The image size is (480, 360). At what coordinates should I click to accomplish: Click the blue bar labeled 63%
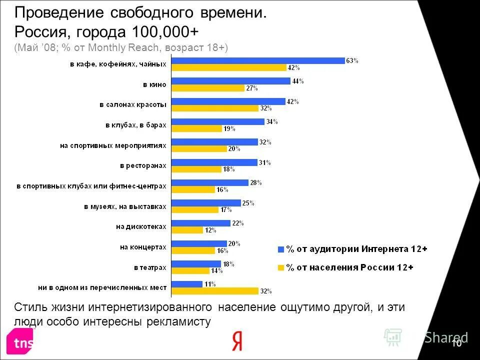coord(258,61)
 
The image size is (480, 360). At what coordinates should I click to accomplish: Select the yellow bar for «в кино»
coord(208,88)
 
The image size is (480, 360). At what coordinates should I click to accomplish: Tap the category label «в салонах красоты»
coord(132,104)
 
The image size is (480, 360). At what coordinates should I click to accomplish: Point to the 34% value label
coord(272,121)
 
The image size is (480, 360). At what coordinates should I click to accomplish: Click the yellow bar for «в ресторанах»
coord(196,169)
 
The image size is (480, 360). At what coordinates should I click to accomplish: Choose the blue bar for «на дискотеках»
coord(201,223)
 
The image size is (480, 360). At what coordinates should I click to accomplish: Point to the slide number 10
coord(456,343)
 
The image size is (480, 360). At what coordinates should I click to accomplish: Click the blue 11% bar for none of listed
coord(187,284)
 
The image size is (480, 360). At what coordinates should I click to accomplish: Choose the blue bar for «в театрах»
coord(196,263)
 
